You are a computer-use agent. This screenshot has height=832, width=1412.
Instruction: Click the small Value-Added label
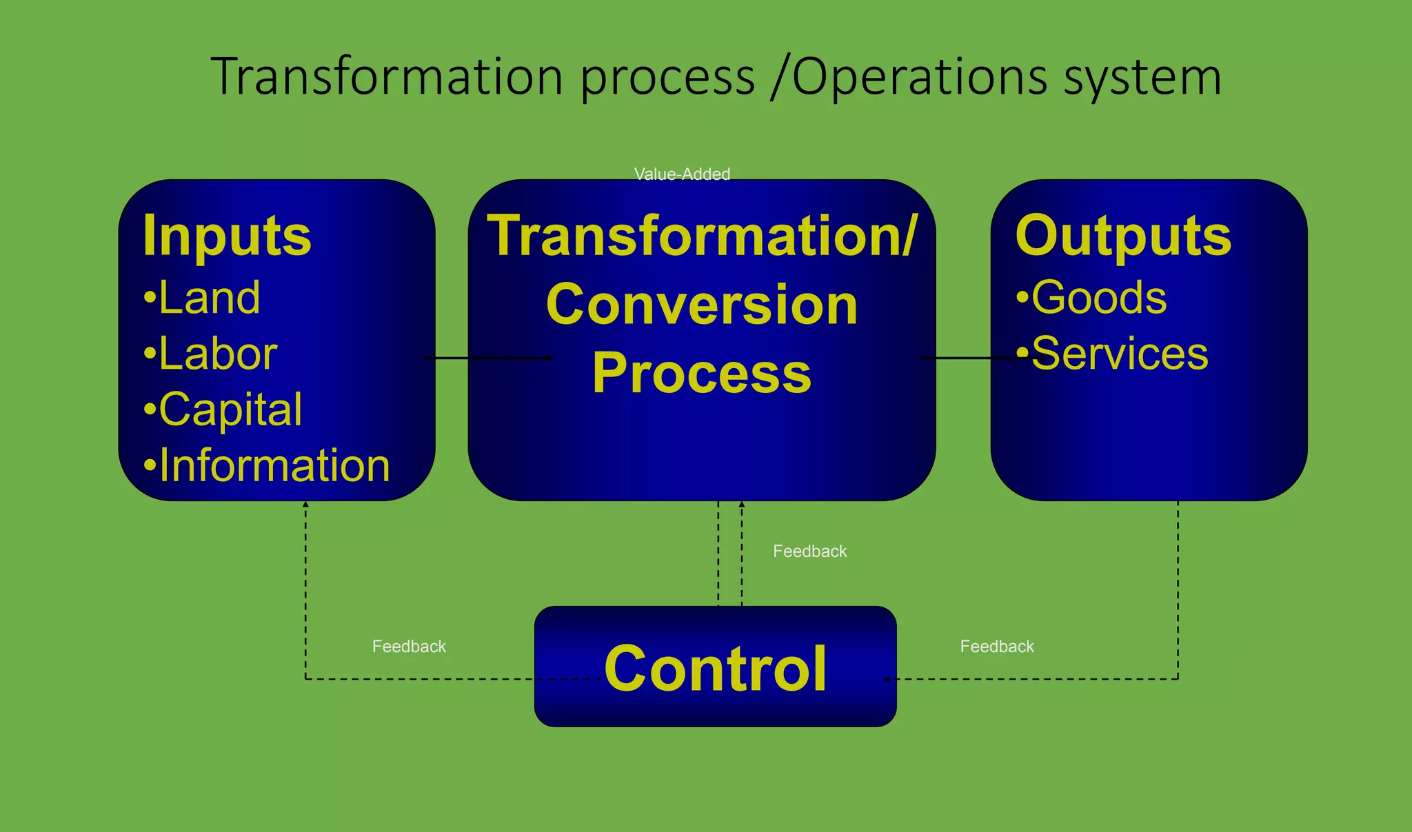click(682, 174)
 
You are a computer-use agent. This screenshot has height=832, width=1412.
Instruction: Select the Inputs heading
click(227, 236)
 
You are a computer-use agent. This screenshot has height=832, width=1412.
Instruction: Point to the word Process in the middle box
click(702, 373)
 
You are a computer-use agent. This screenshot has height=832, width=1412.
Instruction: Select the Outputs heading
click(1123, 236)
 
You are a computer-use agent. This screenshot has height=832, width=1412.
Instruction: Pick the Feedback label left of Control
click(409, 647)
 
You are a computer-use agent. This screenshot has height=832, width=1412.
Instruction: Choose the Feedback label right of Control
click(997, 647)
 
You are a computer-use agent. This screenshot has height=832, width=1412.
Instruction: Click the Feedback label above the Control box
click(809, 551)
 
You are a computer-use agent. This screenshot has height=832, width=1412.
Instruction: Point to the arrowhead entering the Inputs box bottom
click(306, 505)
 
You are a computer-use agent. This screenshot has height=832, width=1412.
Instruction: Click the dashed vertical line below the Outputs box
click(1178, 586)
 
